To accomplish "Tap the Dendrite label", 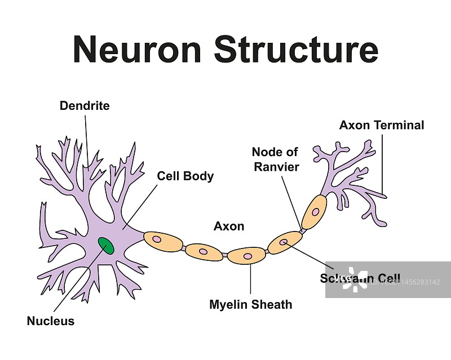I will (x=85, y=106).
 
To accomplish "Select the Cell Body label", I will (x=185, y=176).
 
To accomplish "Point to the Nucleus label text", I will (x=51, y=321).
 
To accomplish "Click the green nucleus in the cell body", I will (x=105, y=246).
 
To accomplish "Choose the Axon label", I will (x=229, y=226).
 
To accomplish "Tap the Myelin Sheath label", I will (x=251, y=305).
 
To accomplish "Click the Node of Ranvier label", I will (x=275, y=159).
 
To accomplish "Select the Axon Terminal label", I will (x=382, y=125).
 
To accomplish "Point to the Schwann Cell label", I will (x=360, y=278).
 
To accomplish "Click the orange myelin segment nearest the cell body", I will (x=163, y=241).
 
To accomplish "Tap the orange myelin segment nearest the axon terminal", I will (x=314, y=212).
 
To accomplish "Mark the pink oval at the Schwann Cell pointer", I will (x=284, y=242).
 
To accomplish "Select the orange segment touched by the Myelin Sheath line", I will (x=246, y=256).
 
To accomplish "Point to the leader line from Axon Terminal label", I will (x=383, y=163).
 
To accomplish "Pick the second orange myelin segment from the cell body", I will (x=204, y=252).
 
